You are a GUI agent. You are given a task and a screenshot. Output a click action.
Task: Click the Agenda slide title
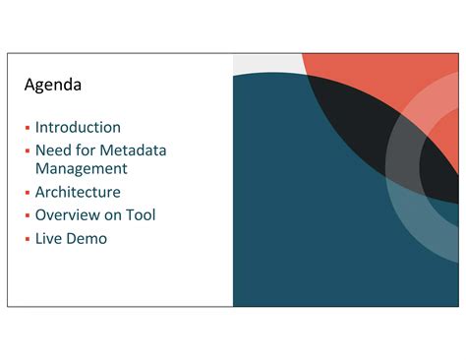(x=53, y=86)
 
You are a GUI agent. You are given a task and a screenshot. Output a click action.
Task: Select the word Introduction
(x=78, y=127)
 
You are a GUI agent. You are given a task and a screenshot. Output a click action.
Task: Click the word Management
(x=82, y=168)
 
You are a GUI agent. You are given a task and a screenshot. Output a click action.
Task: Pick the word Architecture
(x=78, y=192)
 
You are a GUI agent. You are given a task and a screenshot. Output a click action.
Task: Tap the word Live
(x=48, y=238)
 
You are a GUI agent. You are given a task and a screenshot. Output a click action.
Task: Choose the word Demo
(x=87, y=238)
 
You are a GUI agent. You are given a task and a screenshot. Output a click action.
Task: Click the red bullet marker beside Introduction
(x=28, y=128)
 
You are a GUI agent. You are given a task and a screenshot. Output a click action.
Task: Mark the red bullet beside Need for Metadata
(x=28, y=151)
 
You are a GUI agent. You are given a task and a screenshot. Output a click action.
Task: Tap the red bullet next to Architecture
(x=28, y=193)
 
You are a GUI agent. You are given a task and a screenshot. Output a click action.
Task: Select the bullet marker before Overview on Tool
(x=28, y=215)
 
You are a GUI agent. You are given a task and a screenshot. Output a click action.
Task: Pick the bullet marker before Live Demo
(x=28, y=239)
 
